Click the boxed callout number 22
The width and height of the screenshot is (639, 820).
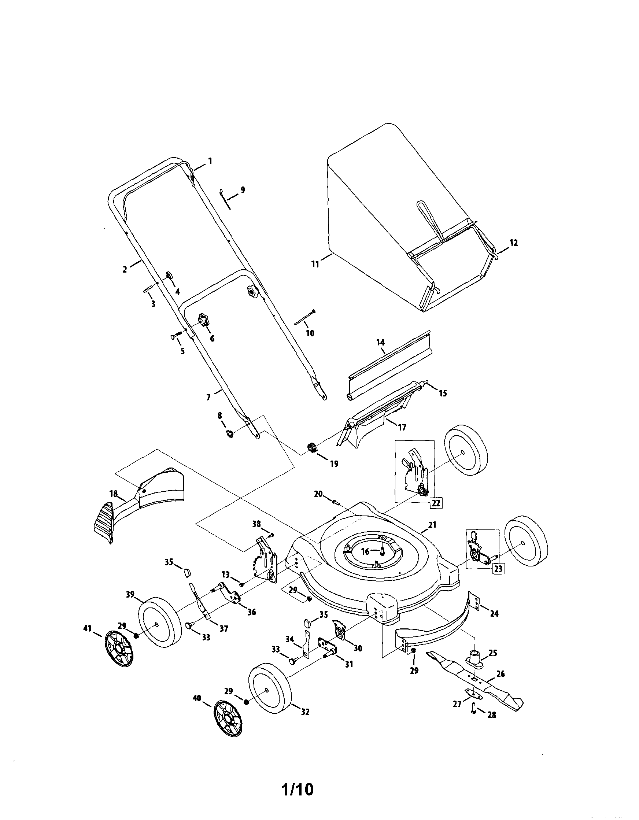[436, 502]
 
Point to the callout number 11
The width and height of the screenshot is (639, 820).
[315, 264]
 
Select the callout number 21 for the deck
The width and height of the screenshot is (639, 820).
[432, 525]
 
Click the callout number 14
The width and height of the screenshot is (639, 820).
[380, 343]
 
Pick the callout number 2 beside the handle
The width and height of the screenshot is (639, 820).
[125, 269]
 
